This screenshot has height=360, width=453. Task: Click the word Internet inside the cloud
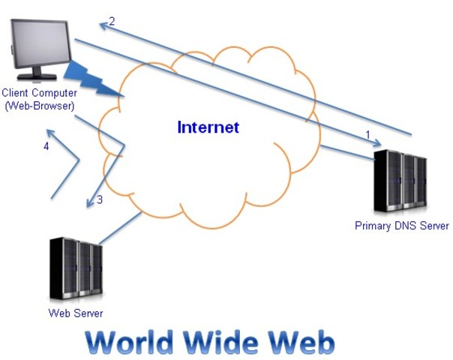(x=208, y=127)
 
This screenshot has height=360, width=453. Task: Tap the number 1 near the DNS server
(x=367, y=133)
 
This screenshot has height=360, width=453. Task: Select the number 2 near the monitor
(x=112, y=21)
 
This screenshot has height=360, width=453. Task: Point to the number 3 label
(x=100, y=200)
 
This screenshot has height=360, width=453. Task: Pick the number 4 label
(x=46, y=146)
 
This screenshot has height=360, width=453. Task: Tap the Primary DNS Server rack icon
(x=400, y=181)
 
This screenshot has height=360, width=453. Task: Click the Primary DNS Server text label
(x=401, y=226)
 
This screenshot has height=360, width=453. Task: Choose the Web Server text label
(x=76, y=313)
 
